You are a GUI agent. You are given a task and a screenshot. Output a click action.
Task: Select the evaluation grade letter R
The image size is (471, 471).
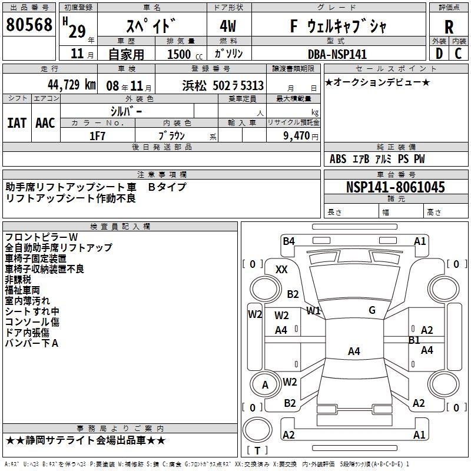point(449,27)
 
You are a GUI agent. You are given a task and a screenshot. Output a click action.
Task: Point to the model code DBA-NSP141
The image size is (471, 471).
point(337,54)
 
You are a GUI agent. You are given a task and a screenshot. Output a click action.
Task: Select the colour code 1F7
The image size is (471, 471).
point(97,135)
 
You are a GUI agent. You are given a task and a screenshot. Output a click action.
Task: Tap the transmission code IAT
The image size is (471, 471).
point(16,122)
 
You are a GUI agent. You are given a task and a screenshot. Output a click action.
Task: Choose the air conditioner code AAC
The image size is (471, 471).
point(45,122)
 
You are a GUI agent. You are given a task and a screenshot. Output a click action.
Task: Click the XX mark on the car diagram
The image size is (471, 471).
point(281,269)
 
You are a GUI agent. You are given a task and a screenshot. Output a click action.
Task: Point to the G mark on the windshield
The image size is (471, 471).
point(372,310)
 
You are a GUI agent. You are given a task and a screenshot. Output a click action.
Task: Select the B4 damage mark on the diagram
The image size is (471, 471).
point(288,241)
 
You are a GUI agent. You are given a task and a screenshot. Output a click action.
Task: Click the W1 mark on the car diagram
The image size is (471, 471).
point(313,310)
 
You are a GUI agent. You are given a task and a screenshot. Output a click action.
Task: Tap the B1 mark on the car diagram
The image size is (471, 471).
point(414,340)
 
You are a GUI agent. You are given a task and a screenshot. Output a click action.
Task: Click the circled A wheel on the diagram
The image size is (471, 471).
point(265,385)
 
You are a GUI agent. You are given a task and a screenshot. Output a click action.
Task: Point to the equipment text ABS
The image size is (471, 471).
point(338,159)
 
